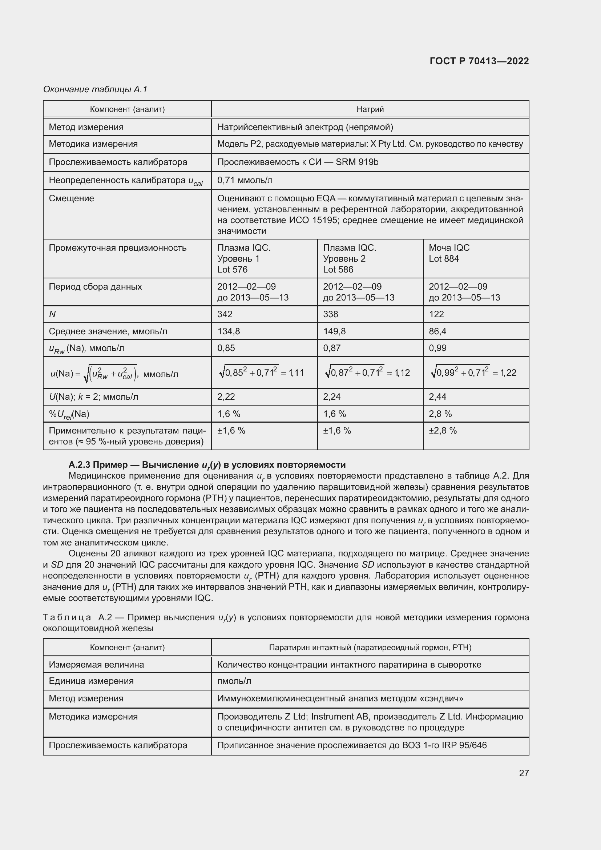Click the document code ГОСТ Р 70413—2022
479,61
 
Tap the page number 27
524,773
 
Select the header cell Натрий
370,109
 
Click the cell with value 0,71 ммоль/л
245,180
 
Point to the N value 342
225,314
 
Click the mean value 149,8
334,331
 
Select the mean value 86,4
437,331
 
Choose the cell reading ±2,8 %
443,431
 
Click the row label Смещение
72,198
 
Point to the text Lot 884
443,258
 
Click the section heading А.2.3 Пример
98,465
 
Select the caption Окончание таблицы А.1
95,89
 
